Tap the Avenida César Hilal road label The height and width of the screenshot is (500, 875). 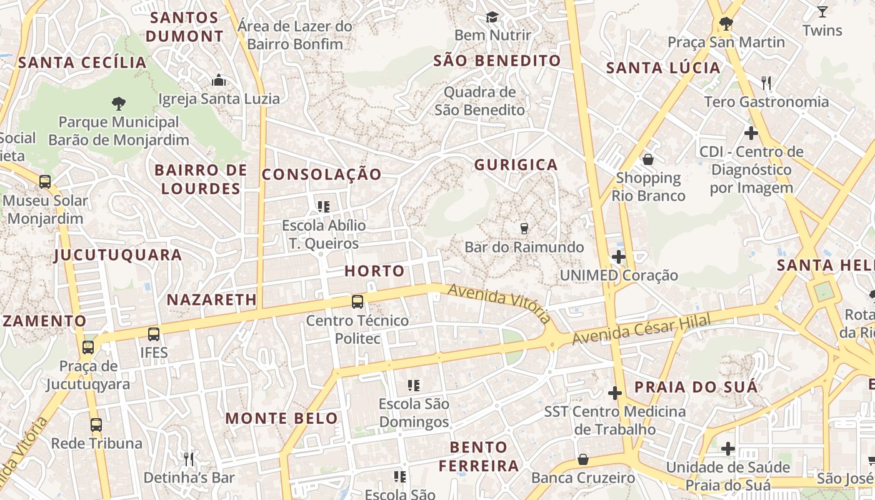pos(642,331)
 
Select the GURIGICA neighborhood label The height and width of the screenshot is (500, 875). pos(516,165)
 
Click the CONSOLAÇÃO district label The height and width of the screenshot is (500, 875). pos(321,174)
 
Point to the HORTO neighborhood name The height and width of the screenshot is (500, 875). pos(374,271)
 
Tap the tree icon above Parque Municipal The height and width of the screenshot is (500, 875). pos(118,103)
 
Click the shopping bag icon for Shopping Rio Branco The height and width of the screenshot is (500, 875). pos(648,159)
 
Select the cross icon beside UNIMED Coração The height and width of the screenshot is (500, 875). pos(619,257)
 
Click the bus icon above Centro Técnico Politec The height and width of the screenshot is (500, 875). pos(357,302)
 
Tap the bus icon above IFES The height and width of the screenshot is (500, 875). pos(154,334)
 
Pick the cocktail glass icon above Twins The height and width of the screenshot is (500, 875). pos(822,11)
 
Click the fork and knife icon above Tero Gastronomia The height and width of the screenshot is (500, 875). pos(766,82)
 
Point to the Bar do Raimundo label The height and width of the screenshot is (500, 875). pos(524,247)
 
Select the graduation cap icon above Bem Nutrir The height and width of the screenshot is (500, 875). pos(492,17)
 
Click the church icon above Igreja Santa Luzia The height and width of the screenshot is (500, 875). pos(219,80)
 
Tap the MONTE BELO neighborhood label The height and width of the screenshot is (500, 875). pos(281,419)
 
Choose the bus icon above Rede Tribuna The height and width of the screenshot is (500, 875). pos(96,425)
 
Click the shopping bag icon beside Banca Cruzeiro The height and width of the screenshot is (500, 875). pos(582,460)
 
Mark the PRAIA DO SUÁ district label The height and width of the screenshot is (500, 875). pos(696,387)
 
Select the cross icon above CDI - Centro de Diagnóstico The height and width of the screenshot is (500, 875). pos(751,132)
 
